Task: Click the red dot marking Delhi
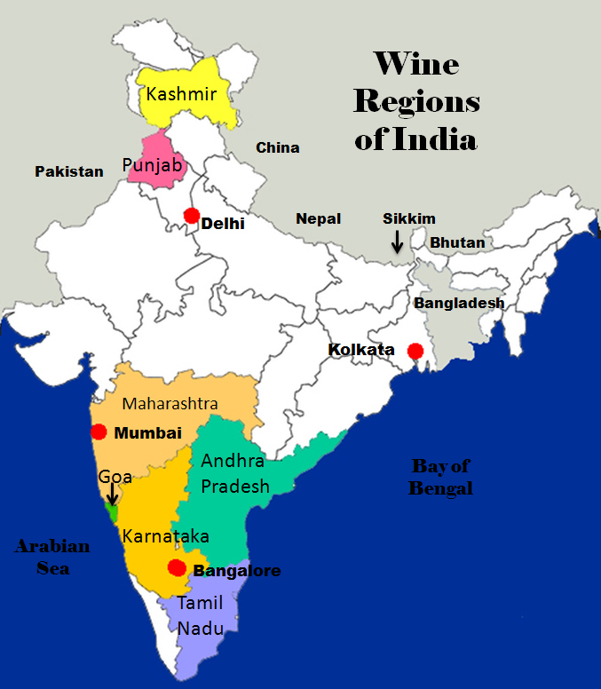[191, 216]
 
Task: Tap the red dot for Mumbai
[99, 432]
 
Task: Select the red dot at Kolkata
[415, 351]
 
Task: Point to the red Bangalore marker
[178, 568]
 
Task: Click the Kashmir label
[182, 92]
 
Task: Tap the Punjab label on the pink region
[152, 165]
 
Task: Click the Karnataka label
[166, 536]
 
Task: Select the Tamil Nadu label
[200, 615]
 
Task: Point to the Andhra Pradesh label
[235, 473]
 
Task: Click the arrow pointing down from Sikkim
[397, 240]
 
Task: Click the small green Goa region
[112, 513]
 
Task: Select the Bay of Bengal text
[440, 477]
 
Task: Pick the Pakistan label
[69, 171]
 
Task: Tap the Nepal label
[319, 218]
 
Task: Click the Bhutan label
[458, 242]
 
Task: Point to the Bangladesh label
[459, 303]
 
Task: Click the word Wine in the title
[415, 64]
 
